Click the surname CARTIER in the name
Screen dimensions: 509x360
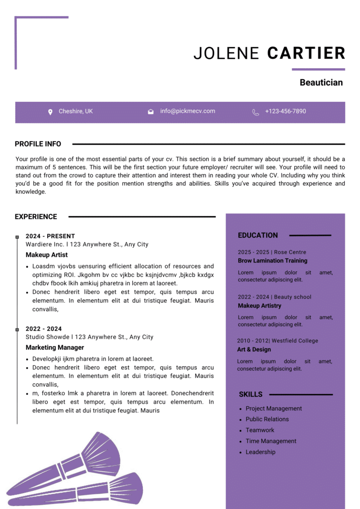(x=306, y=53)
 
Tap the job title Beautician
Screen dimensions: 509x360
(x=321, y=83)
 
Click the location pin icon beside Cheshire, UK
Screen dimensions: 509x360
(x=50, y=112)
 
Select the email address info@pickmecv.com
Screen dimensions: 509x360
(x=187, y=111)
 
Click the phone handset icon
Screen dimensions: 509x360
(x=256, y=112)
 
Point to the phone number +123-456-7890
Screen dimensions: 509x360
(x=285, y=111)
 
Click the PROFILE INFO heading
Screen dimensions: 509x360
(x=38, y=144)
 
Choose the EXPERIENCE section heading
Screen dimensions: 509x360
(x=36, y=217)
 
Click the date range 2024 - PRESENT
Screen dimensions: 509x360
(x=50, y=236)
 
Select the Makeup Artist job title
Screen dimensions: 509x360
(x=47, y=255)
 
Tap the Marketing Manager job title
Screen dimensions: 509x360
(x=55, y=347)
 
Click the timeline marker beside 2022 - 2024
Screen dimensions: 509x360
(x=17, y=329)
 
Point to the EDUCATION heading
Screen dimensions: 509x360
(x=258, y=235)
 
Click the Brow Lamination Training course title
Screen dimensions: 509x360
(x=272, y=260)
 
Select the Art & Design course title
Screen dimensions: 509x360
(x=254, y=349)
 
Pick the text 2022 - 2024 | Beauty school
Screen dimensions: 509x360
(x=274, y=297)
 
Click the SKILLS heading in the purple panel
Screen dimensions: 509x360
(x=251, y=394)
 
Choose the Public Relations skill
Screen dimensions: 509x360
(x=267, y=419)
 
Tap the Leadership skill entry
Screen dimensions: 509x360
(x=261, y=452)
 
